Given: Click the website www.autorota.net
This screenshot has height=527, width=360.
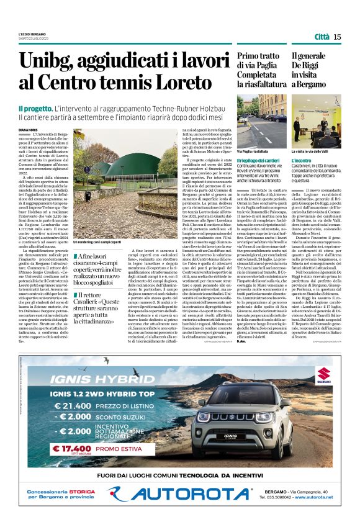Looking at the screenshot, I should click(x=318, y=497).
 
